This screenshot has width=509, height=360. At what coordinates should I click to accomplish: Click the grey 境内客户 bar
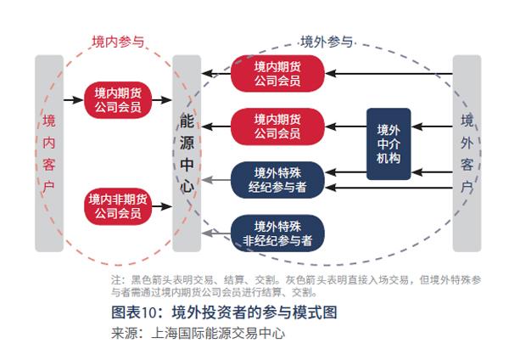[49, 153]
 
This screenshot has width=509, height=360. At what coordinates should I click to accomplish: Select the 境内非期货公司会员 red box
[118, 206]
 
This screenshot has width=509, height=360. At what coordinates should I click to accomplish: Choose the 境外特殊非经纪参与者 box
[277, 233]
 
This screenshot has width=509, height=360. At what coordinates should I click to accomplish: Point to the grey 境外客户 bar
[466, 153]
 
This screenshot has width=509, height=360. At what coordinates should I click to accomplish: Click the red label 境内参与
[118, 41]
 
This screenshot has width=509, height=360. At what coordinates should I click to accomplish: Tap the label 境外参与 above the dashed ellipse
[327, 41]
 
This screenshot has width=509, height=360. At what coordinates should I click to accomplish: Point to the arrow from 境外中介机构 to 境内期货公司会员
[344, 127]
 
